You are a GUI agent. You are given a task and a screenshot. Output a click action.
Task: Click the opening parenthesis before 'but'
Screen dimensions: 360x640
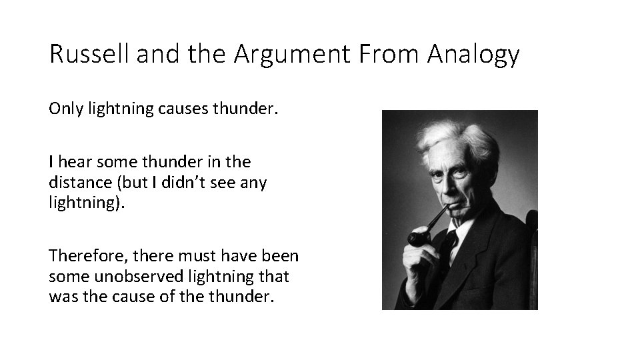(x=118, y=182)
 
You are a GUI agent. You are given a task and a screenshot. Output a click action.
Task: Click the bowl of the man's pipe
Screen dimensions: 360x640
(x=417, y=238)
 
